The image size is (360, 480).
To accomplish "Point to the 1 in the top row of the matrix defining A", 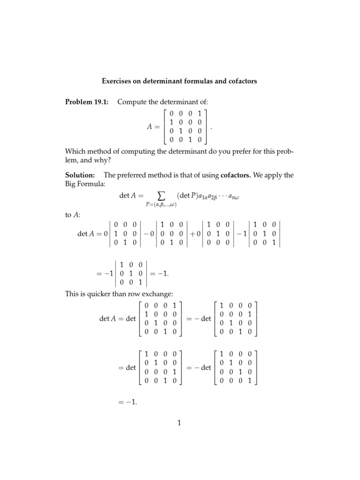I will pyautogui.click(x=199, y=113).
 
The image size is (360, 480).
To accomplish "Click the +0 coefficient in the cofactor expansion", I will pyautogui.click(x=195, y=233).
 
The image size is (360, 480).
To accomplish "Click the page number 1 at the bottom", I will pyautogui.click(x=179, y=423).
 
